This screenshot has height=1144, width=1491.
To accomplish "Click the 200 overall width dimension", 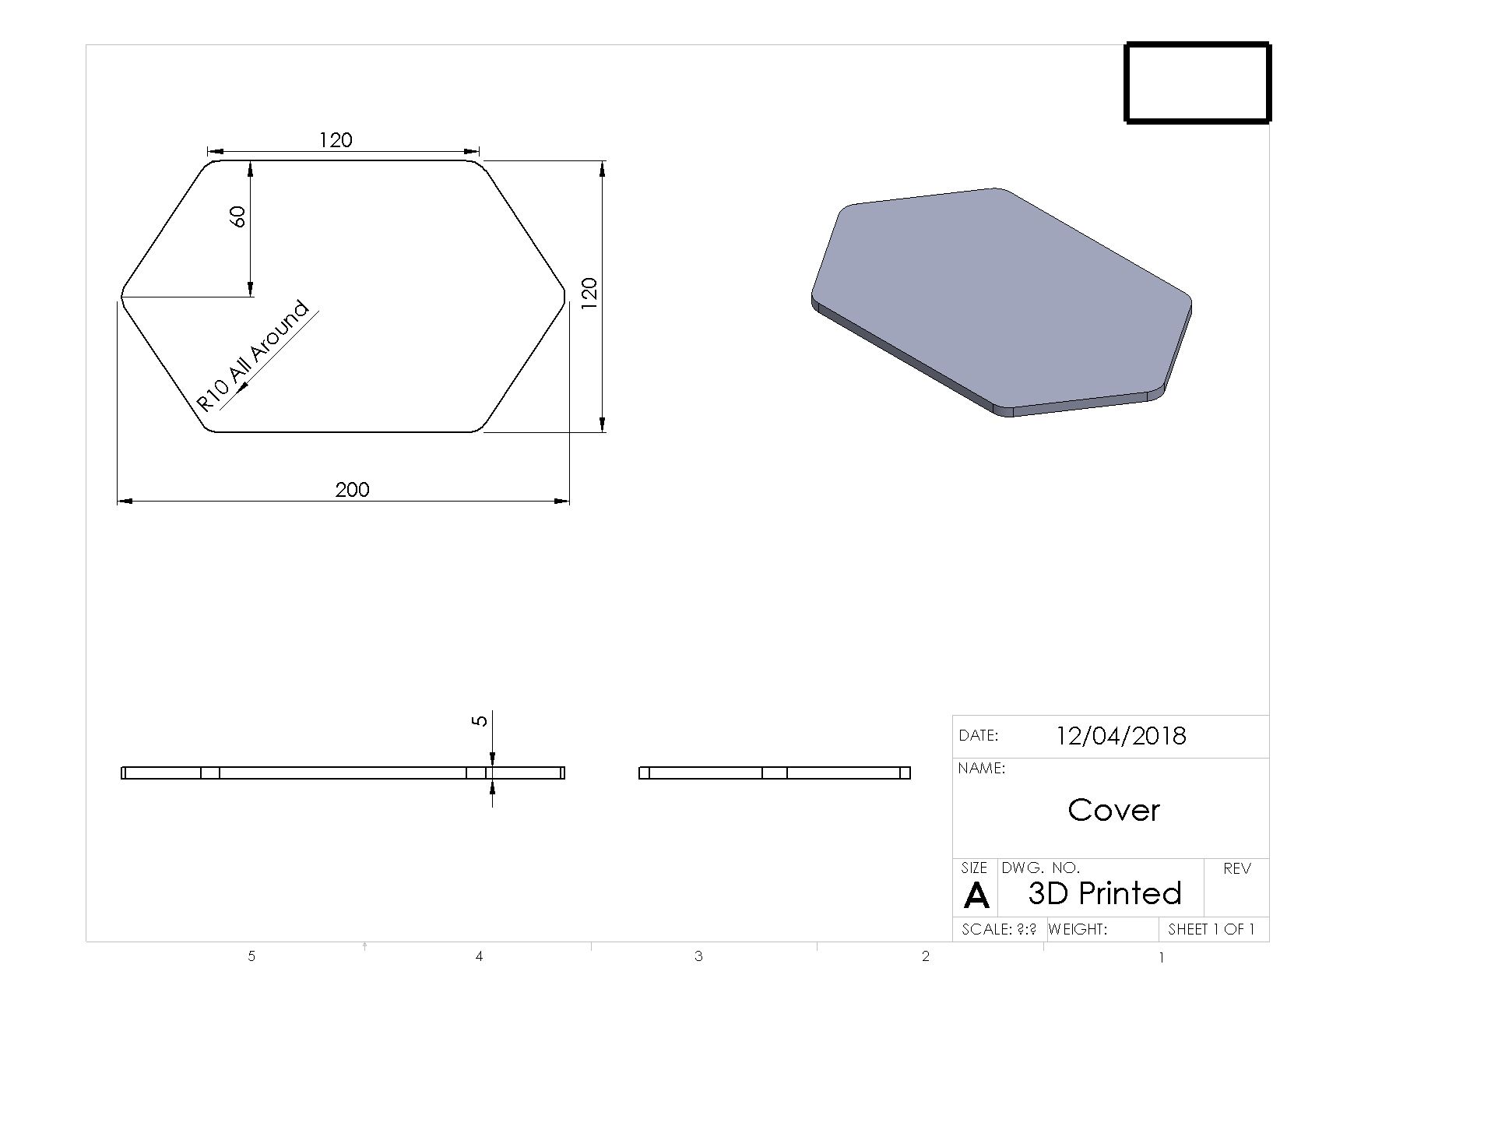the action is pos(352,490).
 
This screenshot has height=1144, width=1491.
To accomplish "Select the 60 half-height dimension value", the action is pos(238,216).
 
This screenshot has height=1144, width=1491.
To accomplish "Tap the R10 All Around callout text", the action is pos(253,357).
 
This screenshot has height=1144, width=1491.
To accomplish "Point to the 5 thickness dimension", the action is pos(480,720).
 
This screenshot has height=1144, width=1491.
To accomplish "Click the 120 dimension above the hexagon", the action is pos(336,140).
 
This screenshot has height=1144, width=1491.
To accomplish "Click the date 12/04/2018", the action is pos(1120,736).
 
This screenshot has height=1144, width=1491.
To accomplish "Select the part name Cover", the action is pos(1113,810).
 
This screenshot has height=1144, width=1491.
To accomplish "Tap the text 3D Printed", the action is pos(1104,893).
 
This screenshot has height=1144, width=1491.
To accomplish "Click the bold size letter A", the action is pos(976,896).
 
